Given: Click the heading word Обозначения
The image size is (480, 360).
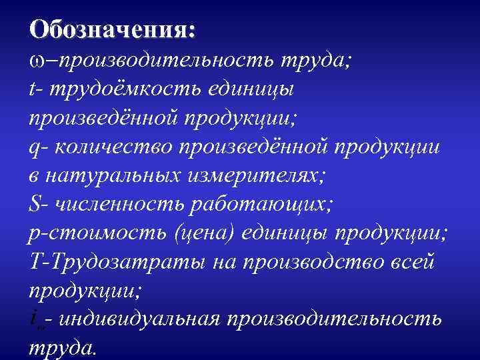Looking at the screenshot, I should pos(112,29).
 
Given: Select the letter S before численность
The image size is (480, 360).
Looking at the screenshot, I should pos(35,204).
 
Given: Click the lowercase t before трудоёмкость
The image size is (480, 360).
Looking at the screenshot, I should pos(33,89).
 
